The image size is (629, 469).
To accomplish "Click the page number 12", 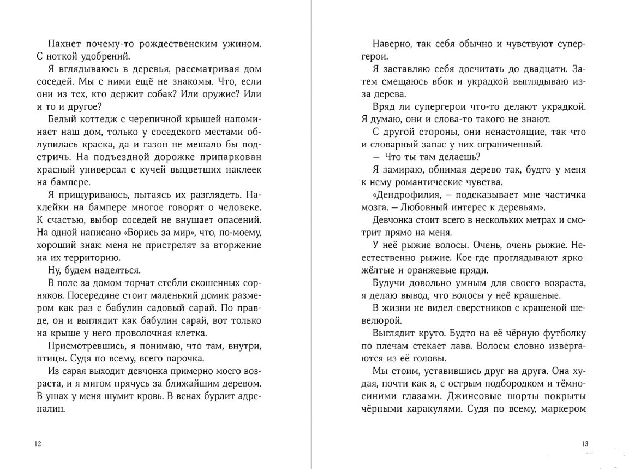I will click(x=38, y=444).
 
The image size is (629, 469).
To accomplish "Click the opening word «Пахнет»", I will click(x=63, y=43).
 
